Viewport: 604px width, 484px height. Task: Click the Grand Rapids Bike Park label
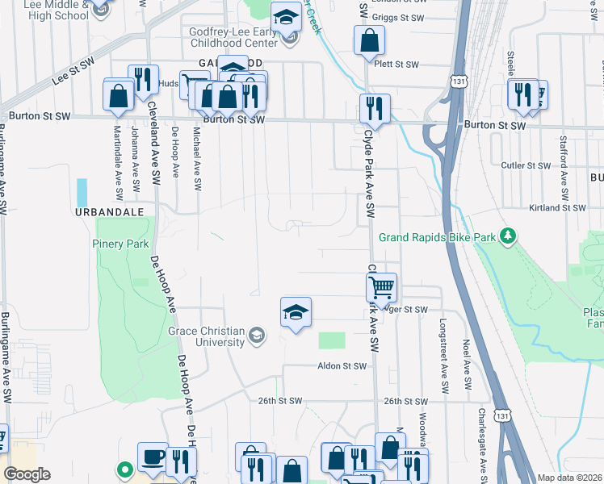[437, 237]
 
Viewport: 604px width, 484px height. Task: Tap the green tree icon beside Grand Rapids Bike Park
[507, 236]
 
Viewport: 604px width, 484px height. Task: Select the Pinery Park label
[121, 244]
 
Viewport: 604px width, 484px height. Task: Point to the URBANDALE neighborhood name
[109, 211]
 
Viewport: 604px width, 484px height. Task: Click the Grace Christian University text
[206, 336]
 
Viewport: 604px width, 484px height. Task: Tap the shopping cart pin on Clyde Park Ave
[381, 286]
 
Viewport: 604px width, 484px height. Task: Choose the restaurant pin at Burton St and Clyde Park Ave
[375, 107]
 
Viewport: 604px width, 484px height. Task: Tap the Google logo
[27, 474]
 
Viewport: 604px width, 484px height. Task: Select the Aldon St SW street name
[342, 366]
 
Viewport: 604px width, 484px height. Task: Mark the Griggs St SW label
[400, 17]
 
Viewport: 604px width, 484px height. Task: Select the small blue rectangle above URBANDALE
[82, 192]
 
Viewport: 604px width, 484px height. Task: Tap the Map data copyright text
[569, 478]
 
